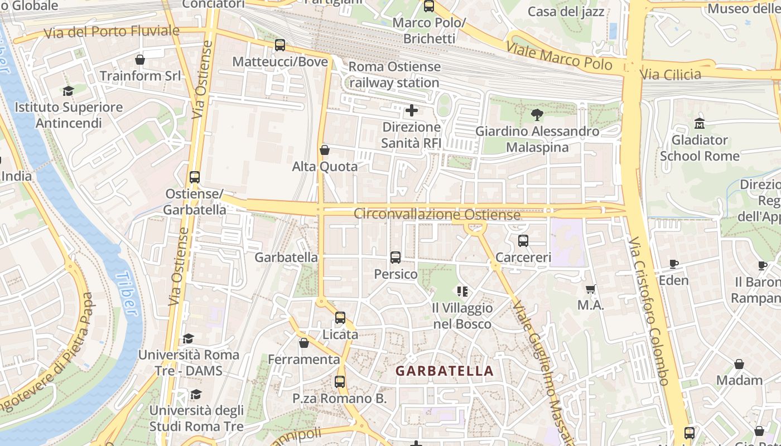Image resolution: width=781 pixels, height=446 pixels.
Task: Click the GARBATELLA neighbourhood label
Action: (445, 371)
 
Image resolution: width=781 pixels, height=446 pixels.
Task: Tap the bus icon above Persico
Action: (396, 257)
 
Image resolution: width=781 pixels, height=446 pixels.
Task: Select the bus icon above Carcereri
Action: (523, 241)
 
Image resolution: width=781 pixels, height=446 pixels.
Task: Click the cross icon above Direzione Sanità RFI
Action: (412, 110)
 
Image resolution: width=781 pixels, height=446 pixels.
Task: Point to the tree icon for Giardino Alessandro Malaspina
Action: (537, 115)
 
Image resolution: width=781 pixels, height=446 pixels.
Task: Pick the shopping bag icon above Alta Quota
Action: (325, 150)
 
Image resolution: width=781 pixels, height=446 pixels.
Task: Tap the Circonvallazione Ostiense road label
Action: (437, 214)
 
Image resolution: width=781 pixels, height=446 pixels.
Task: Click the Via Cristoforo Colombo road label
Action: (649, 311)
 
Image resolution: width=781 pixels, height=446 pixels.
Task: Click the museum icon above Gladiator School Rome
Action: (700, 123)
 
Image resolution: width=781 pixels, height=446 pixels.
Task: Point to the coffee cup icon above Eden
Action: (673, 264)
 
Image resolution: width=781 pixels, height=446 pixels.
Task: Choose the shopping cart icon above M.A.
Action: (591, 289)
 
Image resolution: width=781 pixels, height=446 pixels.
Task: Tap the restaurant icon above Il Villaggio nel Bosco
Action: (462, 291)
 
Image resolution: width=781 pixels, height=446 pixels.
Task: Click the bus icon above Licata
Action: (340, 318)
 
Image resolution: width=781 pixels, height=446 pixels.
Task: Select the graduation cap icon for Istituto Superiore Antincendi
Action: (68, 91)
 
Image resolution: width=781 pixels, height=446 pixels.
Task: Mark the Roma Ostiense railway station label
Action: (394, 75)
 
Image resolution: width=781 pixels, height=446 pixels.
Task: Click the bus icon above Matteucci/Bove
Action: (280, 45)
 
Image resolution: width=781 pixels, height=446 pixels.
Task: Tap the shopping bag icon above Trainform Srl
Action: (140, 59)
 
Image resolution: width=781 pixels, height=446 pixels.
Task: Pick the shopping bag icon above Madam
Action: (739, 364)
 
